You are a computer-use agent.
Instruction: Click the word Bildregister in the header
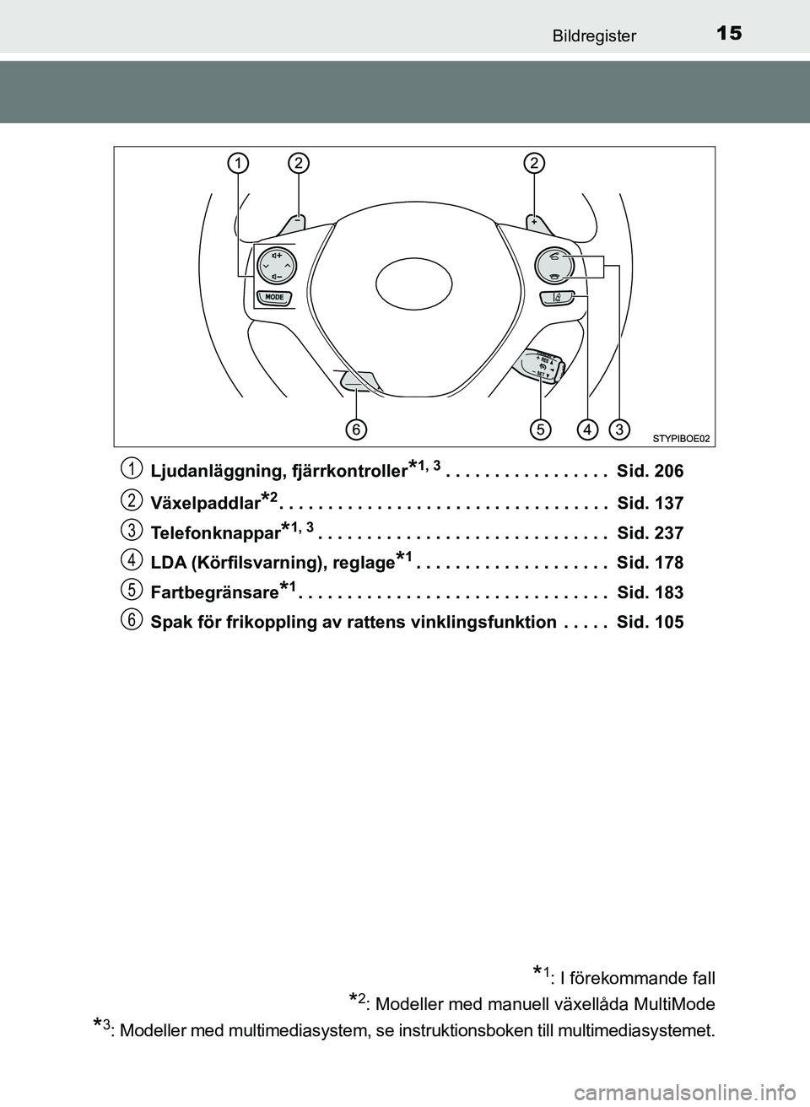tap(594, 35)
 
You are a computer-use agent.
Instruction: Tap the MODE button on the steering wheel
tap(274, 297)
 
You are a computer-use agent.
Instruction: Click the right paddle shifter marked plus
tap(537, 222)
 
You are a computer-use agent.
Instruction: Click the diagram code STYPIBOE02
tap(680, 438)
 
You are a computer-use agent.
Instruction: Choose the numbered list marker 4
tap(131, 559)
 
